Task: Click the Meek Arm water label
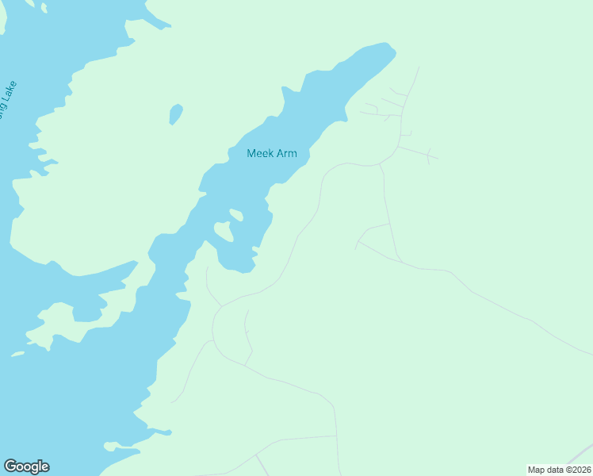(272, 153)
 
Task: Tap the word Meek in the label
(260, 153)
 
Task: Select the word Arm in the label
(286, 153)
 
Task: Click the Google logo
(26, 466)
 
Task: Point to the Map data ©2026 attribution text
(559, 470)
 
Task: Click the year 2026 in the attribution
(580, 470)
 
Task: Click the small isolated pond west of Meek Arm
(175, 113)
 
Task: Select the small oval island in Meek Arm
(235, 214)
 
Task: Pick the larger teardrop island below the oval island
(223, 232)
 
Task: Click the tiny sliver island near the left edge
(17, 354)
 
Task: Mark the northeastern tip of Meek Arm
(388, 48)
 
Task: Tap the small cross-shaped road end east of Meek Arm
(428, 155)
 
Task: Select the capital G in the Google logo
(10, 466)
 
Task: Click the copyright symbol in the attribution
(566, 470)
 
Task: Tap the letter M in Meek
(251, 153)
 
